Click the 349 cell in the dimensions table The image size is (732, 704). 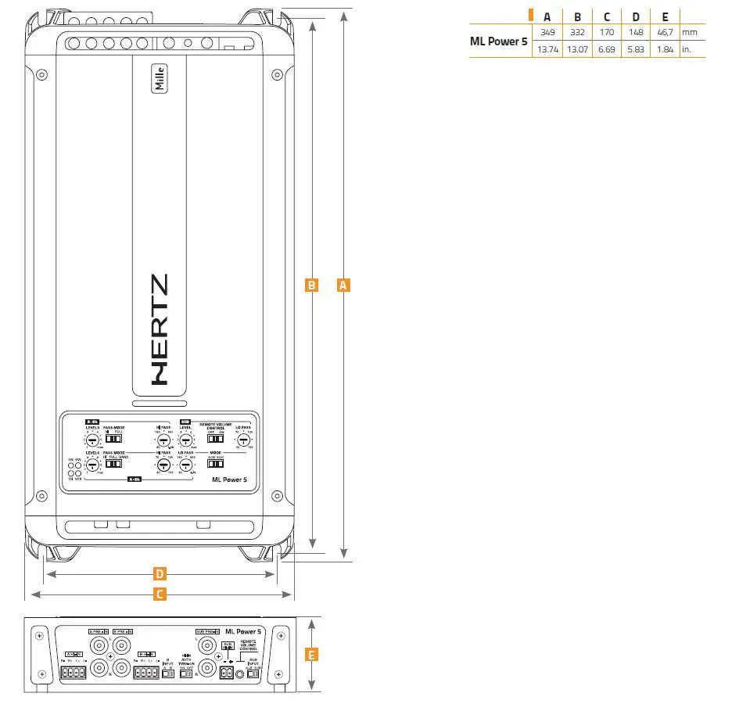click(547, 32)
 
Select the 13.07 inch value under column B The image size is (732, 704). click(577, 48)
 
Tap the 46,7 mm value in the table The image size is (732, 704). click(664, 32)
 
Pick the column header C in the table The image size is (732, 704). click(606, 16)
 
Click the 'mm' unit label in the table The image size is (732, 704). click(689, 32)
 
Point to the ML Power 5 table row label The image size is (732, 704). click(498, 41)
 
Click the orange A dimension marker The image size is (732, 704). click(343, 286)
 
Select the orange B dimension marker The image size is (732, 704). click(311, 286)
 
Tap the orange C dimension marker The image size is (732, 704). click(160, 594)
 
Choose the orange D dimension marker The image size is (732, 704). click(160, 574)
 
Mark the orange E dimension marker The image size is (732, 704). click(311, 655)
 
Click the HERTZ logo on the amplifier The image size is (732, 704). click(159, 328)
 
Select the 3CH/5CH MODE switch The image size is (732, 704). click(215, 463)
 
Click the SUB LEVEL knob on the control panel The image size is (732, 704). click(186, 442)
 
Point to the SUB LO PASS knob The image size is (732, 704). click(243, 442)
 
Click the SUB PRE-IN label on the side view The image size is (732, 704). click(207, 630)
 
